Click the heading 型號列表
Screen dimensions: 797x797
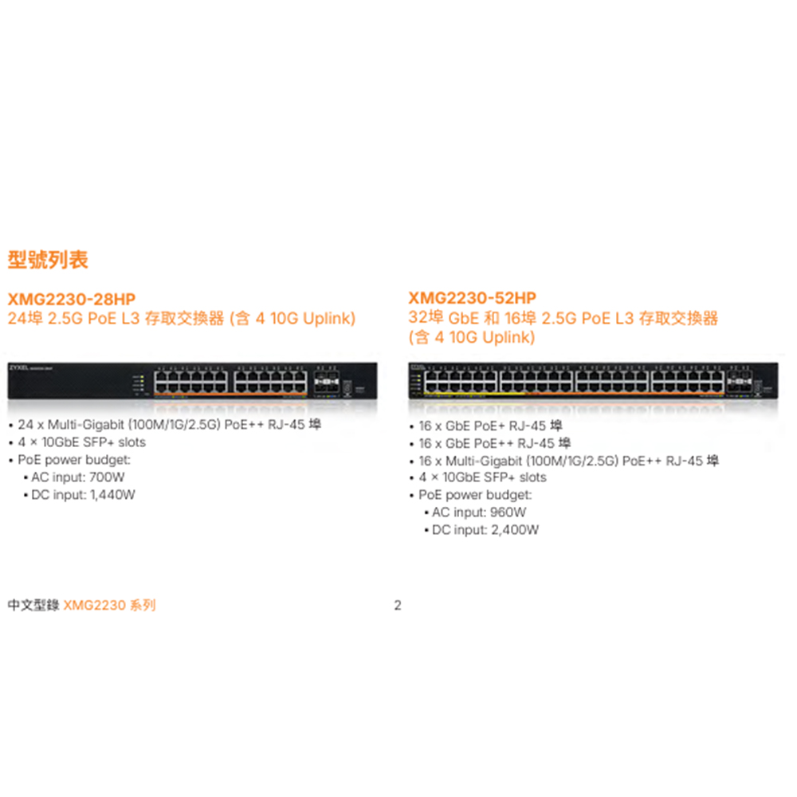click(48, 260)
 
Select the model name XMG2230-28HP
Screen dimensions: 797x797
click(72, 299)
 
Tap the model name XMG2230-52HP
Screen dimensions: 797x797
click(472, 298)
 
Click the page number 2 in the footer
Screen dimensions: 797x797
click(398, 605)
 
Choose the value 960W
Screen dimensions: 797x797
click(508, 512)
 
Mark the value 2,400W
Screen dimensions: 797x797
click(515, 530)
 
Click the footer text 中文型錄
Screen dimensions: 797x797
click(33, 605)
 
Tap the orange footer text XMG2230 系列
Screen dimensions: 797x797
click(109, 605)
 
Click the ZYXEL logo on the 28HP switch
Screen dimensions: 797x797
click(19, 367)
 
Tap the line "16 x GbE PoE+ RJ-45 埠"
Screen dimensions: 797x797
click(490, 426)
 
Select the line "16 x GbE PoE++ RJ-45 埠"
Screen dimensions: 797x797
click(494, 443)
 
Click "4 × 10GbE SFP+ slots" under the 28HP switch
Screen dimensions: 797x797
click(82, 442)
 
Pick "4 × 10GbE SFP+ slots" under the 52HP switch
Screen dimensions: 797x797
click(482, 477)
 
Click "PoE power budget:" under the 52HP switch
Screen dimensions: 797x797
click(475, 495)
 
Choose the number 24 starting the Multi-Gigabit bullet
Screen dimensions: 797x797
click(26, 425)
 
